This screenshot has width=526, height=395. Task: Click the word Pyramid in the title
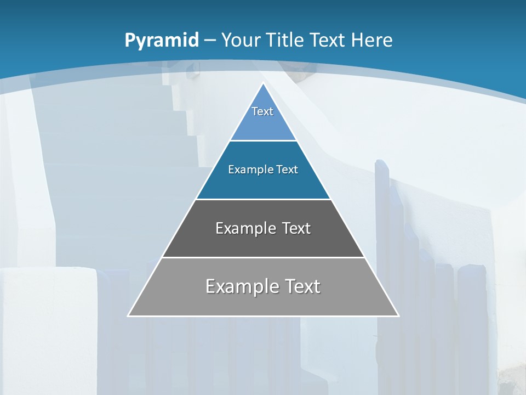click(162, 41)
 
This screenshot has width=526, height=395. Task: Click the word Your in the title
click(241, 40)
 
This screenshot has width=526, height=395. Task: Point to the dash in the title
click(210, 41)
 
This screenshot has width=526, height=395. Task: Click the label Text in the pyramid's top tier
click(262, 111)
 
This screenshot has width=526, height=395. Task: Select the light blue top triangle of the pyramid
click(263, 126)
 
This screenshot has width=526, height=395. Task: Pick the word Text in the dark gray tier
click(296, 228)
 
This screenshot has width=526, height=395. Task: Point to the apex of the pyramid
click(263, 84)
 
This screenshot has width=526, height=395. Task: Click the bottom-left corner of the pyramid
click(129, 315)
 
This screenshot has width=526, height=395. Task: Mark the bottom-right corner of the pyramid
click(398, 315)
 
